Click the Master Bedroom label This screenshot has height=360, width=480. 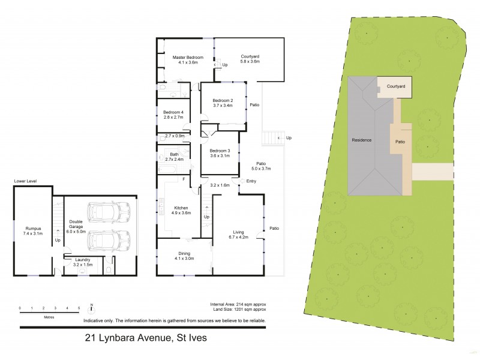(188, 57)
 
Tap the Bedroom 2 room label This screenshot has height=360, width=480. (222, 100)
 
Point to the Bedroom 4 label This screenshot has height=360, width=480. (173, 112)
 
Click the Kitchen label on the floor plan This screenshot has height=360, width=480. (181, 207)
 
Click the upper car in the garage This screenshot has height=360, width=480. (109, 211)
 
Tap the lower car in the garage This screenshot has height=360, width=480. (109, 241)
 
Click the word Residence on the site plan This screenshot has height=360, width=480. (361, 140)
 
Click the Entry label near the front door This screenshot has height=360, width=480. (251, 181)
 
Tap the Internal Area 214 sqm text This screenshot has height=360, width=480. (238, 305)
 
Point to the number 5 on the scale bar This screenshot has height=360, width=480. (79, 308)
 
